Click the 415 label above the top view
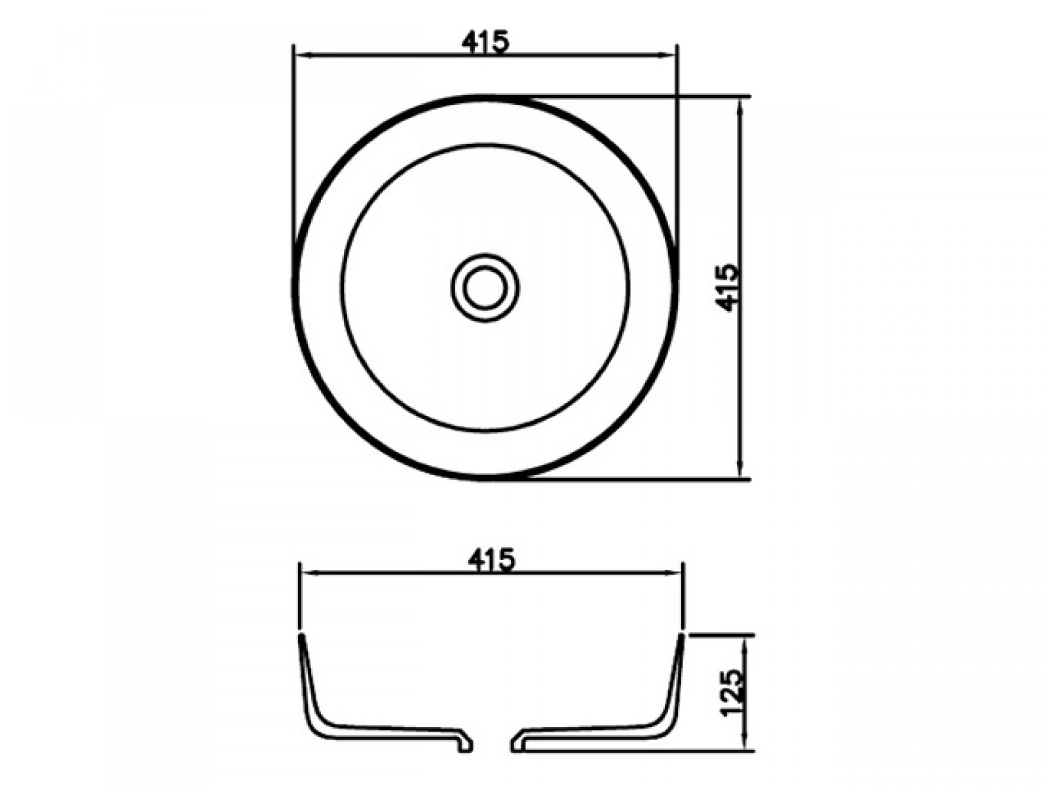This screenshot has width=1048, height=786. tap(485, 42)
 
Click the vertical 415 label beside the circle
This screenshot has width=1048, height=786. tap(728, 288)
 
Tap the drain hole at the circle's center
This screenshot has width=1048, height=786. tap(485, 288)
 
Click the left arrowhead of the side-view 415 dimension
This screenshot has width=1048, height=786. tap(310, 573)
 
